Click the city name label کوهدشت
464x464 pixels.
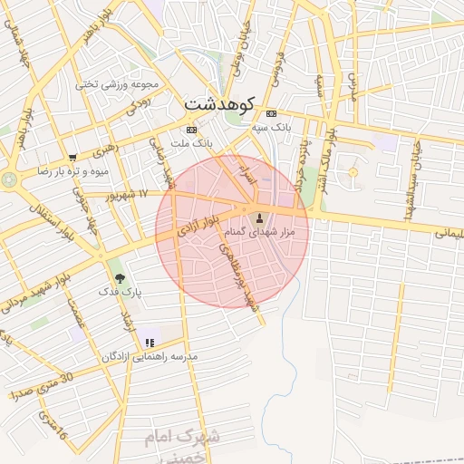(220, 103)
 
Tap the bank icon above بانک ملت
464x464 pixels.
(191, 129)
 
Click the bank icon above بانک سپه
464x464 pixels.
(272, 113)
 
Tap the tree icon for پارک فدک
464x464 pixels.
(120, 278)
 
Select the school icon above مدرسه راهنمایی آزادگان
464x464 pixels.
(150, 343)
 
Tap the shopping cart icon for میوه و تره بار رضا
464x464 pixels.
(72, 157)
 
